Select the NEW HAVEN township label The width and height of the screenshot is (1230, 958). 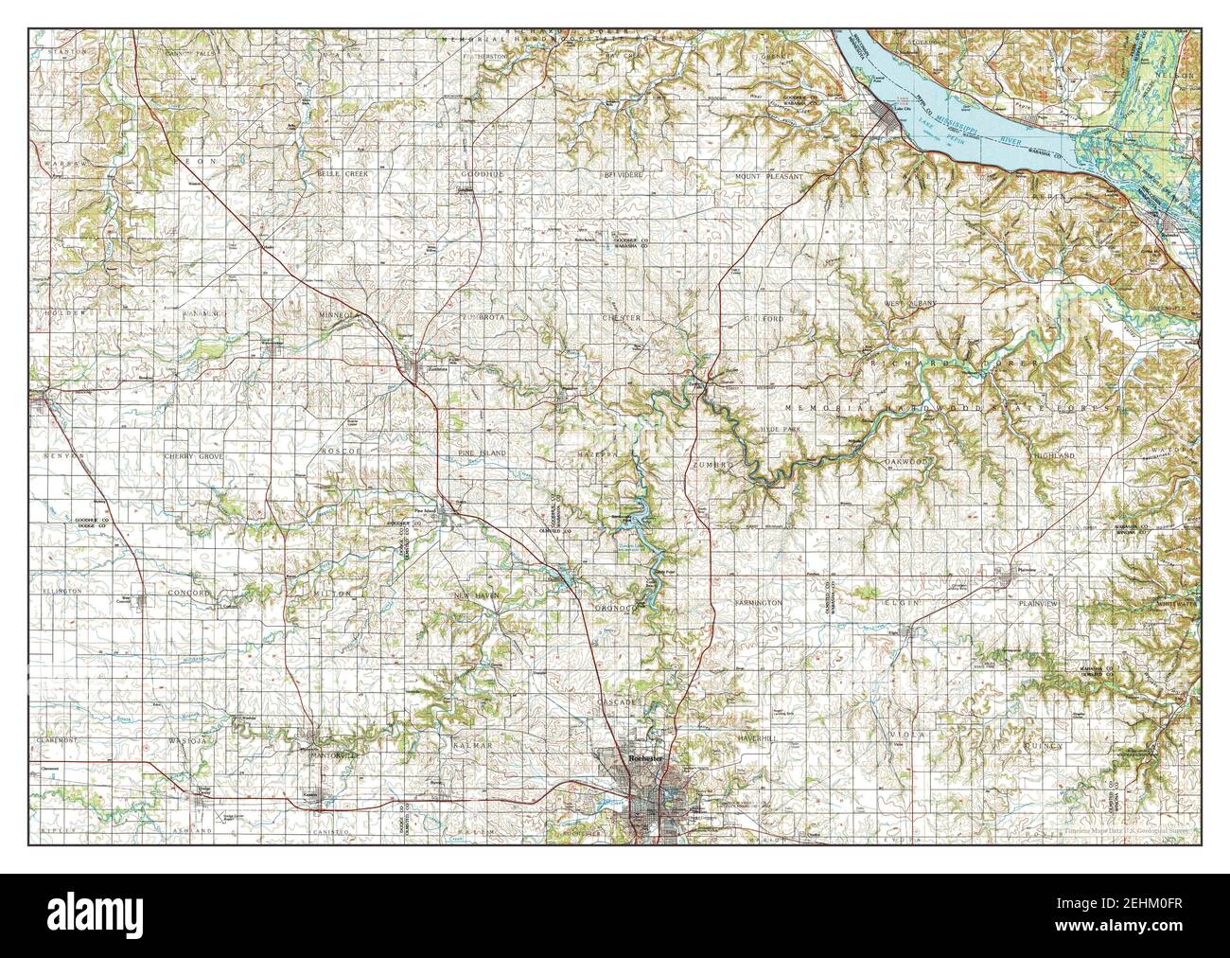pyautogui.click(x=474, y=594)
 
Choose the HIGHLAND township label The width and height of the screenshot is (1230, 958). pyautogui.click(x=1054, y=456)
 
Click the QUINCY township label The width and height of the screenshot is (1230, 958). pyautogui.click(x=1043, y=746)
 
